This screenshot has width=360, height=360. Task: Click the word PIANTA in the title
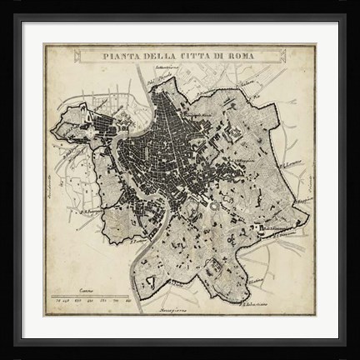click(121, 57)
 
